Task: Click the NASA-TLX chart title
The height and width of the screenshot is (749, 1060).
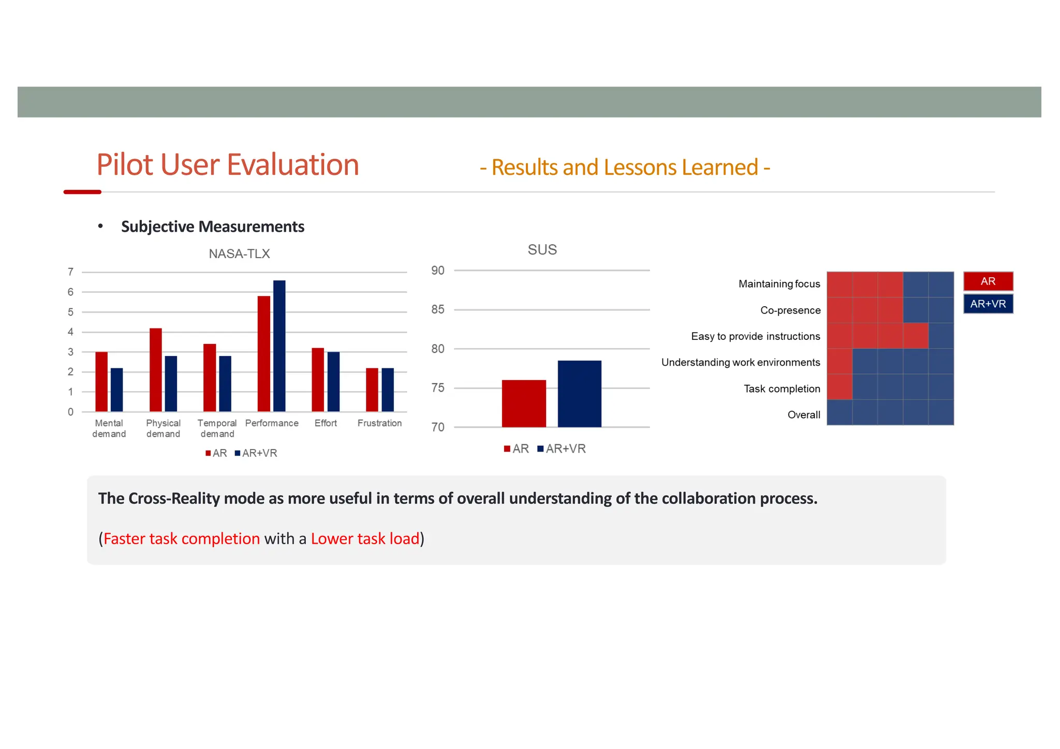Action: [239, 253]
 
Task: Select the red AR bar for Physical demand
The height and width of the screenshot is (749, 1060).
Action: [155, 370]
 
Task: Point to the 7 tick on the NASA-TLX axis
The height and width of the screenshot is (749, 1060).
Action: [70, 272]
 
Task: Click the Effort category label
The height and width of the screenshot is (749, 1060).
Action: [326, 423]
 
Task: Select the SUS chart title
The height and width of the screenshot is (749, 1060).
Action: [542, 249]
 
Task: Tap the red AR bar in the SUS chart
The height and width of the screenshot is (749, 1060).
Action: [524, 403]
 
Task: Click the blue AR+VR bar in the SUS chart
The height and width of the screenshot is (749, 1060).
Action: [579, 394]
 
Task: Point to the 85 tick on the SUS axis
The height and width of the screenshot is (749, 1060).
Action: [438, 309]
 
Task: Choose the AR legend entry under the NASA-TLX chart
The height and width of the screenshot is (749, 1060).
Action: [216, 453]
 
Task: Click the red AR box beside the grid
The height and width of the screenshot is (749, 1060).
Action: [988, 281]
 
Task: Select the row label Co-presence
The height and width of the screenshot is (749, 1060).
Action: [790, 310]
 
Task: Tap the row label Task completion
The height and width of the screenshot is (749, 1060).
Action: [782, 388]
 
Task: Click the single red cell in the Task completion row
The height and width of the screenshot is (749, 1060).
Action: [839, 387]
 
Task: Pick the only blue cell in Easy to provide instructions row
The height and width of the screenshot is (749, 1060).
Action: [940, 336]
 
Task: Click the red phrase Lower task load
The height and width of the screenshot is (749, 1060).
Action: [365, 538]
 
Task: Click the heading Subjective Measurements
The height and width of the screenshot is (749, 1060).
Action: [212, 227]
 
